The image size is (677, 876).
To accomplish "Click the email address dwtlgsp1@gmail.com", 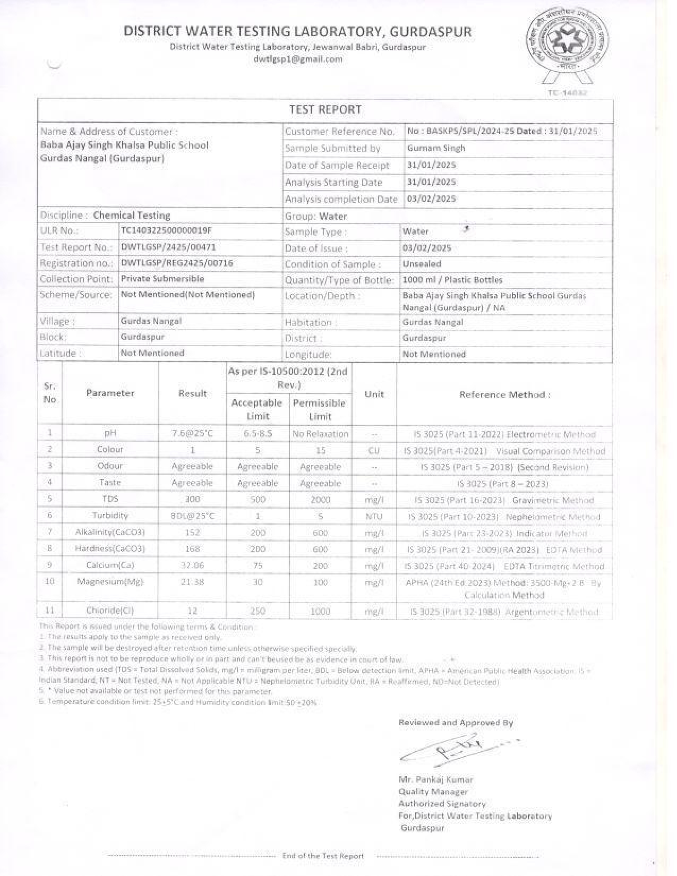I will coord(297,59).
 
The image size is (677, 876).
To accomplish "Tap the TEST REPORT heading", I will coord(325,110).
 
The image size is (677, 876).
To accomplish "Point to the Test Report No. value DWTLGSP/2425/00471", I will coord(168,247).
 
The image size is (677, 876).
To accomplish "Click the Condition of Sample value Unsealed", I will coord(422,264).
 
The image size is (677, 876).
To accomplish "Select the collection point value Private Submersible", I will coord(162,279).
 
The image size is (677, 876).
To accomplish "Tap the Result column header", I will coord(192,393).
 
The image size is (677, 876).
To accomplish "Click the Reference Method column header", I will coord(504,394).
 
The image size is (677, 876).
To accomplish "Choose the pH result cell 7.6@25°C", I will coord(192,434).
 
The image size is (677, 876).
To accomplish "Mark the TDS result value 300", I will coord(192,499).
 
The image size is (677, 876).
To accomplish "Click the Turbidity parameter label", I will coord(110,516).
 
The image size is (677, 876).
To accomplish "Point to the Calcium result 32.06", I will coord(192,565).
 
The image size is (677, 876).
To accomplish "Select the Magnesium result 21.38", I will coord(192,582).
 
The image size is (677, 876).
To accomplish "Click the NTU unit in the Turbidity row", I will coord(374,516).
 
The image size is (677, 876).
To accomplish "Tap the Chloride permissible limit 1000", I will coord(320,611).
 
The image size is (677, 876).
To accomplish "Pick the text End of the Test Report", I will coord(323,856).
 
